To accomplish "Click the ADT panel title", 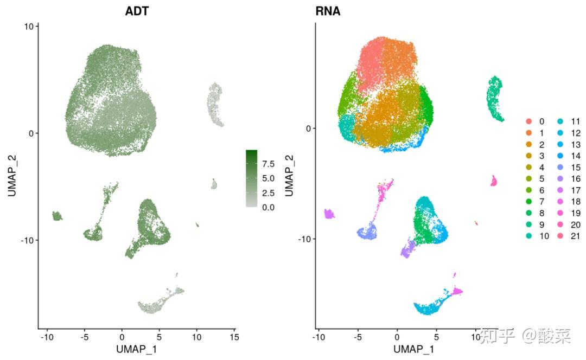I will tap(137, 11).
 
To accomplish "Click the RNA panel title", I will tap(328, 11).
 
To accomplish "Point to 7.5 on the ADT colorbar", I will tap(268, 163).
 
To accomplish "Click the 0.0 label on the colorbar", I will tap(268, 207).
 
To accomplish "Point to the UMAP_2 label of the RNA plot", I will tap(289, 176).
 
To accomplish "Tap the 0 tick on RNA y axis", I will tap(308, 128).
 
